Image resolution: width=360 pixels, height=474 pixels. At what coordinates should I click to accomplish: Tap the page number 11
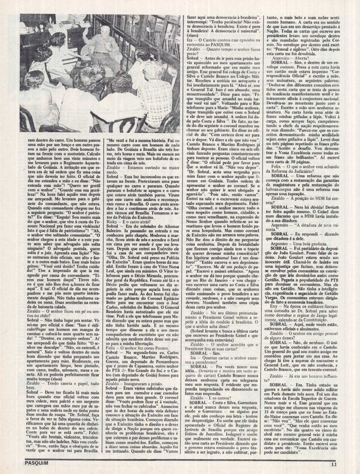click(349, 464)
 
